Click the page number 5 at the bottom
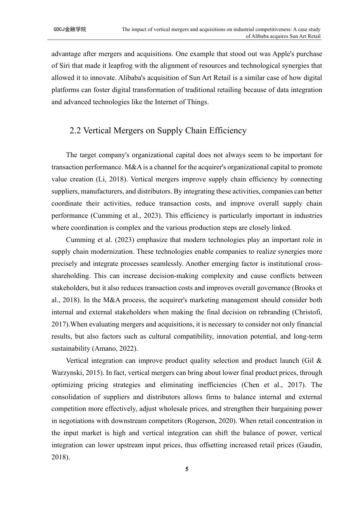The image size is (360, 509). pos(186,470)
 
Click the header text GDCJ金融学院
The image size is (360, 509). pos(70,29)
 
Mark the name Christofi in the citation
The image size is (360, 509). pos(306,312)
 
